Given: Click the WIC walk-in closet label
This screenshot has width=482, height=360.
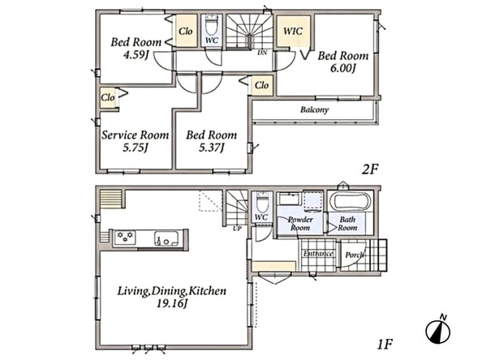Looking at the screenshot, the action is tap(293, 31).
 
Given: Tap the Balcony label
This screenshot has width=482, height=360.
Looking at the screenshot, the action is tap(314, 109).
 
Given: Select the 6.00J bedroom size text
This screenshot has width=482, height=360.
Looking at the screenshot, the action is tap(342, 68).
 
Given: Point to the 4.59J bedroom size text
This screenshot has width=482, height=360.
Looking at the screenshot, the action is tap(136, 54).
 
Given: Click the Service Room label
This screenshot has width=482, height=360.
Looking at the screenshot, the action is tap(136, 135).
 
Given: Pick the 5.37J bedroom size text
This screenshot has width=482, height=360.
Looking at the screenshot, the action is tap(211, 148).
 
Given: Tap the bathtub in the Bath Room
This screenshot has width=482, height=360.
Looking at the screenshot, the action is tap(350, 202).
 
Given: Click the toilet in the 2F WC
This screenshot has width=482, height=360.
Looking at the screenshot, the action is tap(211, 25).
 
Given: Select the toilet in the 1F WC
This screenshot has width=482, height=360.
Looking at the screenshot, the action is tap(261, 202).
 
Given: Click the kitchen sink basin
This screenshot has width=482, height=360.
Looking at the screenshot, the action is tap(166, 238).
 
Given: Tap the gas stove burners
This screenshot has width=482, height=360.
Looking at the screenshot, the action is tap(125, 238).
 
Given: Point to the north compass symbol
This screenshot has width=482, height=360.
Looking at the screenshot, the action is tap(438, 330).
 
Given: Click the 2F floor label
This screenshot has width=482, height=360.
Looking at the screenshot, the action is tap(369, 169).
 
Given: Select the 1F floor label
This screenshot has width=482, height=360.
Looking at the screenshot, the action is tap(385, 345).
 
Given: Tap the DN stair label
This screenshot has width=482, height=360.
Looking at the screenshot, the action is tap(262, 53).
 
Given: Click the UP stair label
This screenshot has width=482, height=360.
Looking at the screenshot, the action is tap(237, 228).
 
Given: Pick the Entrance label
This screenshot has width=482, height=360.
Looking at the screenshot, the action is tap(318, 254).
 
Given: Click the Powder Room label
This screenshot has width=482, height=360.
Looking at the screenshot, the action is tap(300, 224).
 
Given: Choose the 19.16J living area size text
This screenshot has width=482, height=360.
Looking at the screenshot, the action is tap(172, 304).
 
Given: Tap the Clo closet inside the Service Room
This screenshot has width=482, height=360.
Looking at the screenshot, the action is tap(108, 97).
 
